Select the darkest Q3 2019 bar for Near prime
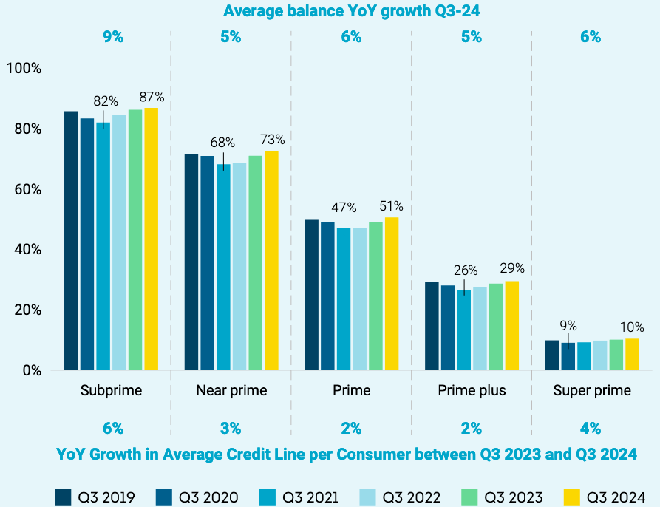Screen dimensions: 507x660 [191, 262]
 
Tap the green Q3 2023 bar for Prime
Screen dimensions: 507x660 [375, 296]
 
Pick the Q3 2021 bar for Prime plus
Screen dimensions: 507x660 [463, 330]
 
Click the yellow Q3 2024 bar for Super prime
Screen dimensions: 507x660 [632, 354]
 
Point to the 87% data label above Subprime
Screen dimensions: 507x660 [152, 97]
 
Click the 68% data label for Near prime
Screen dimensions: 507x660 [222, 142]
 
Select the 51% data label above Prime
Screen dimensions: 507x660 [391, 206]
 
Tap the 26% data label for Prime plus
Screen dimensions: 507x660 [465, 270]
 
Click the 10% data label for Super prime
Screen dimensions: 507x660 [632, 327]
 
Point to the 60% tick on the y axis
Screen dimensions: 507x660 [27, 189]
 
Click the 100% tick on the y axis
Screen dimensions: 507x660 [24, 68]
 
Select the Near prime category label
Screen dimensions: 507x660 [231, 390]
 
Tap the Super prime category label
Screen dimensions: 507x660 [592, 390]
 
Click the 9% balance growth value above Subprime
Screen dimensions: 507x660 [113, 37]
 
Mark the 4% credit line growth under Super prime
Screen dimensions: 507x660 [591, 428]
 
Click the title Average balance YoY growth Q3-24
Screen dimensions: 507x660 [347, 11]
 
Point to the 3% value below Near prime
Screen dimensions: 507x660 [231, 428]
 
